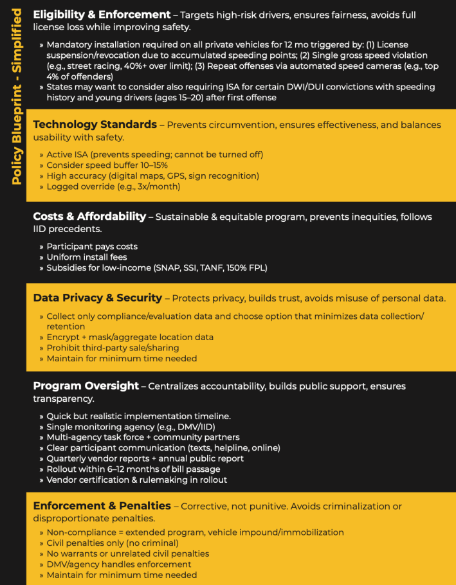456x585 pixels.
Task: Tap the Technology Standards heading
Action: click(95, 124)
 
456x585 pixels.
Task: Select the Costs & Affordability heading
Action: click(89, 217)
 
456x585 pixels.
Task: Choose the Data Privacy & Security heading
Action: click(97, 298)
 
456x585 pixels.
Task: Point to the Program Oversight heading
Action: click(86, 386)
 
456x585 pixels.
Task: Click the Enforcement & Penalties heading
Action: click(102, 506)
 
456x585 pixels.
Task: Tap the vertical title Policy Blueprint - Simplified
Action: click(17, 96)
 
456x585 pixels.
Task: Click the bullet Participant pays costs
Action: click(92, 246)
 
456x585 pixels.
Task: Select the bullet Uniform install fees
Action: click(87, 257)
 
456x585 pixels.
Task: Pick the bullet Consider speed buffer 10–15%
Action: click(106, 165)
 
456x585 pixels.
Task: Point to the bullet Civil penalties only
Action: click(103, 543)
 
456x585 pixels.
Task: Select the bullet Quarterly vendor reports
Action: click(144, 458)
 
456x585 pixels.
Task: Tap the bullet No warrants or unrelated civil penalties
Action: click(127, 553)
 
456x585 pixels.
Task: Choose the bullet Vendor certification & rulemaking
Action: click(136, 480)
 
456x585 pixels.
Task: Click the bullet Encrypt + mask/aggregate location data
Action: click(130, 337)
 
